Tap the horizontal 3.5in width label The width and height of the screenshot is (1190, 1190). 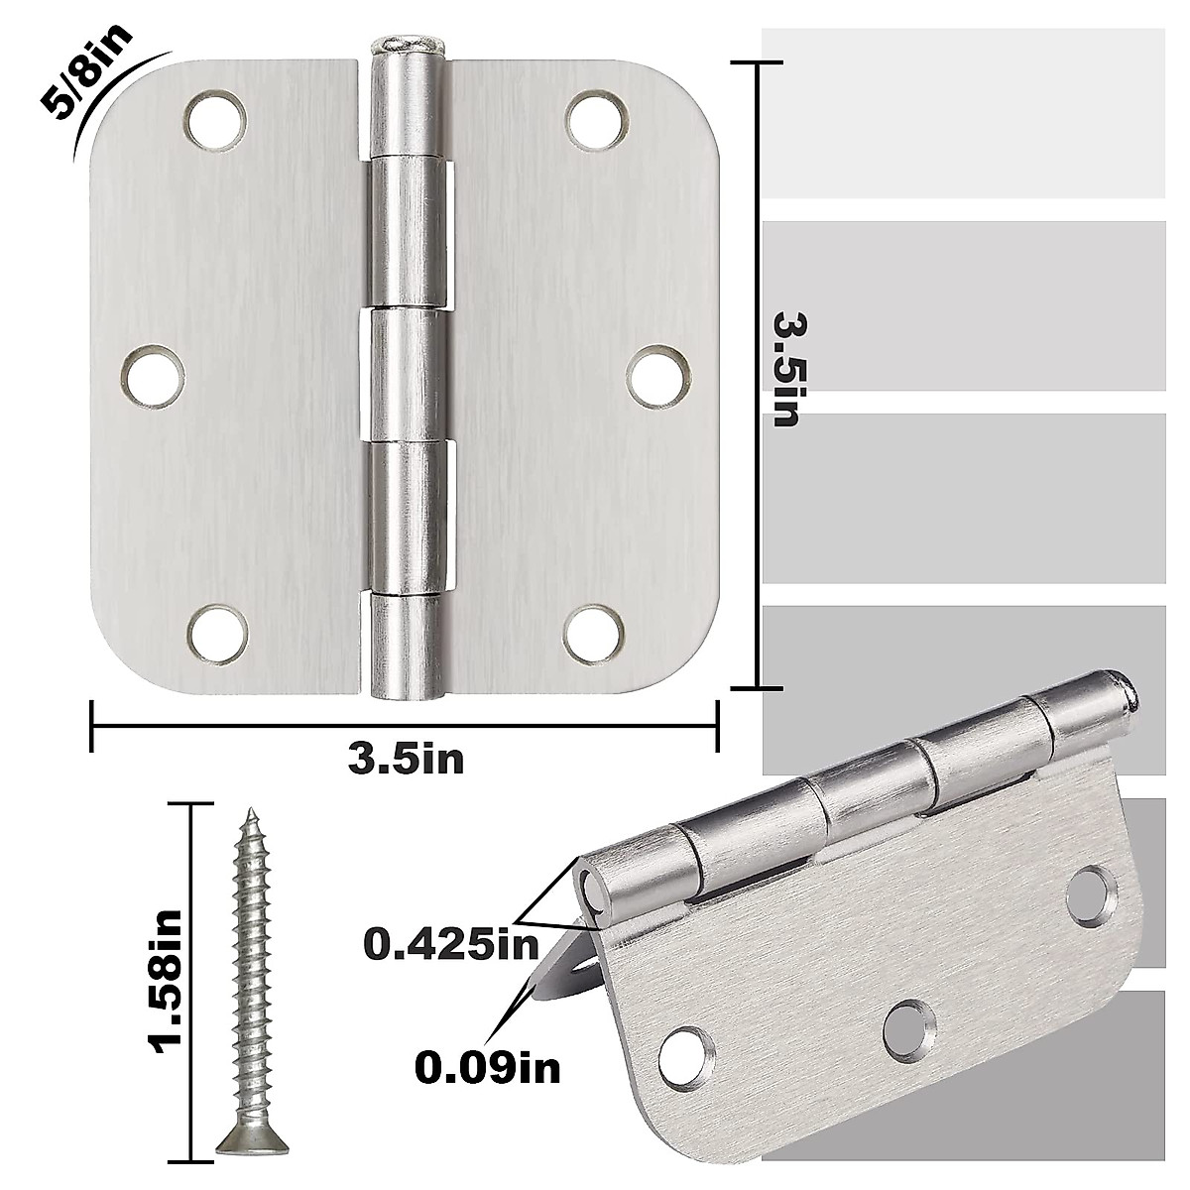click(406, 760)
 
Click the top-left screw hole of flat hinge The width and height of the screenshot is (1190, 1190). click(213, 119)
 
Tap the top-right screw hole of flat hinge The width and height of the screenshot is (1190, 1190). click(599, 119)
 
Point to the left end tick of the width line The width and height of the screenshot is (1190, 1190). click(91, 727)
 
